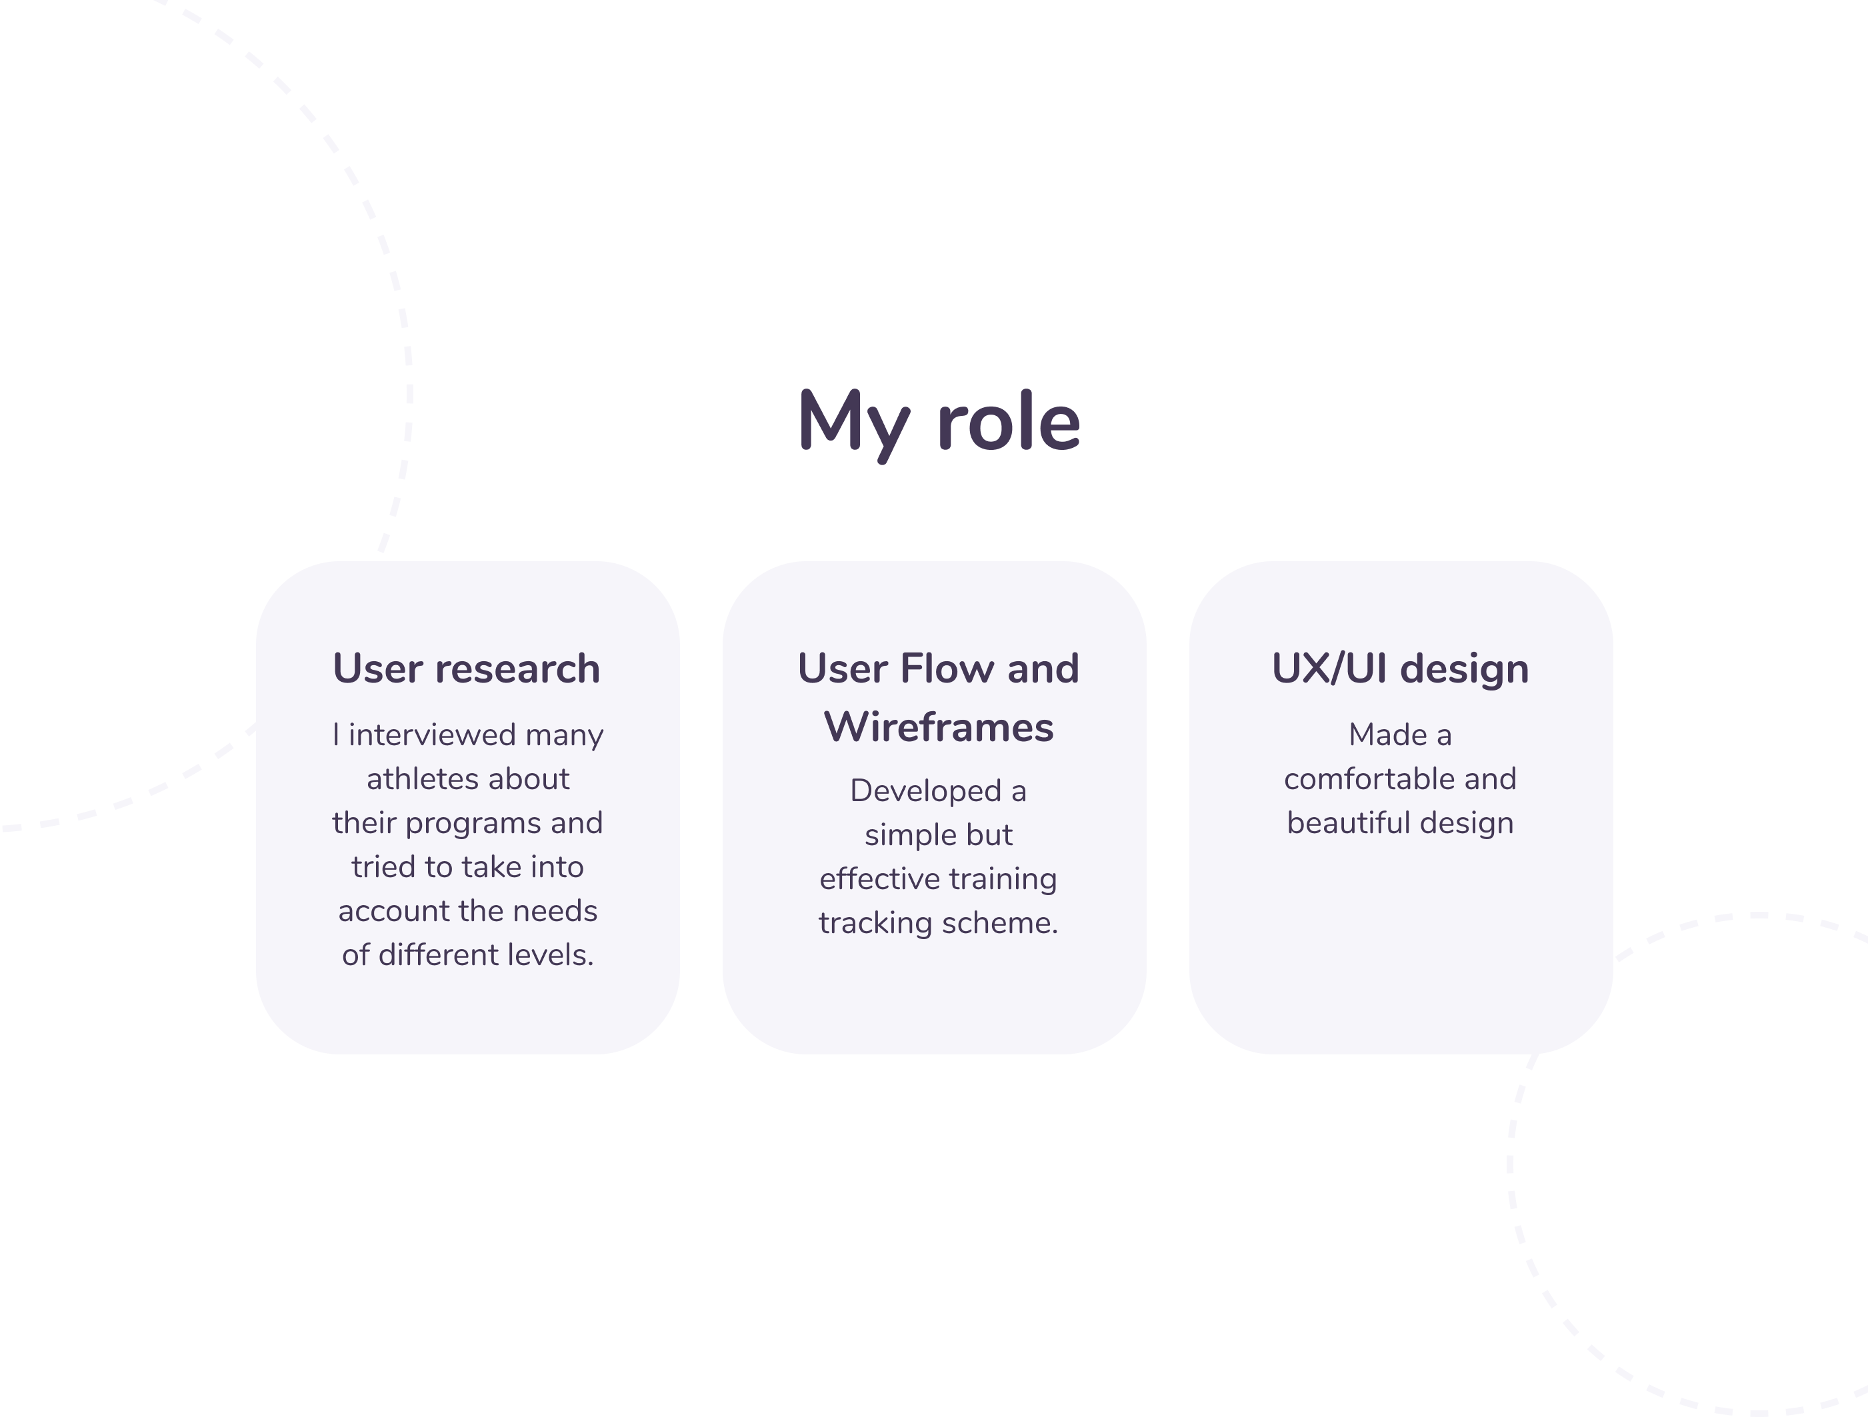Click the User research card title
point(467,669)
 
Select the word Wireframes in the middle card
point(938,727)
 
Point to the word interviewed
point(433,734)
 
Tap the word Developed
point(925,791)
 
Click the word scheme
point(1000,923)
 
